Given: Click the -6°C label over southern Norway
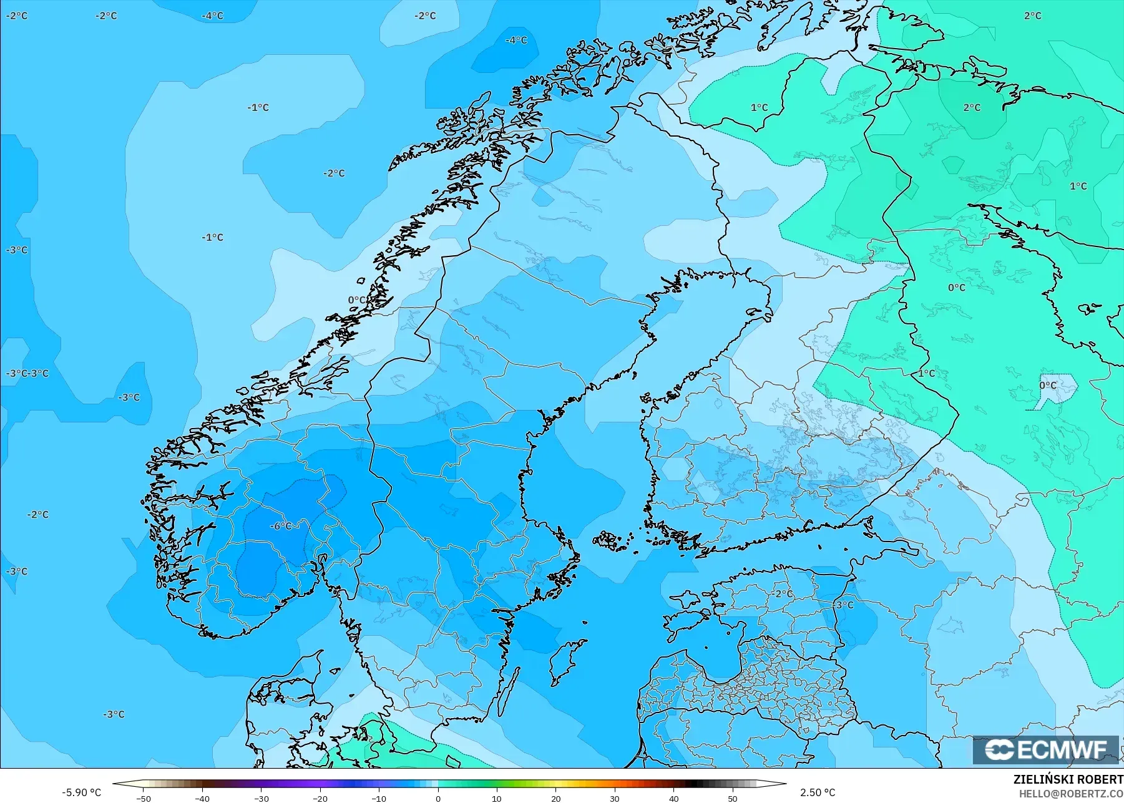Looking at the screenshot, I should click(x=281, y=526).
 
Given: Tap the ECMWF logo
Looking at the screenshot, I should click(x=1045, y=750).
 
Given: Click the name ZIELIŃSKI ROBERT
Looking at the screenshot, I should click(x=1068, y=780).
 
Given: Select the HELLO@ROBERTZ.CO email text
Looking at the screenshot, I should click(x=1071, y=794).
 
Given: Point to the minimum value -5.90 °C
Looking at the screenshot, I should click(x=81, y=792).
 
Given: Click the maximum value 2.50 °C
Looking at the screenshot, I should click(x=818, y=792).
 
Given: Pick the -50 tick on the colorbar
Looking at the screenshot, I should click(x=144, y=799).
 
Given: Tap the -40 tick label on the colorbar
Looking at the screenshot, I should click(x=202, y=799).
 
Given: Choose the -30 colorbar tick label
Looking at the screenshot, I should click(x=261, y=799).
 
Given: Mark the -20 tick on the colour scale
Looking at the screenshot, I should click(x=320, y=799).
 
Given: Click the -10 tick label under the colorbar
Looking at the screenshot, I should click(x=379, y=799).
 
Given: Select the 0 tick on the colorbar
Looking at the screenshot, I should click(x=438, y=799).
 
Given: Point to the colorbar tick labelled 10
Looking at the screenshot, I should click(x=497, y=799).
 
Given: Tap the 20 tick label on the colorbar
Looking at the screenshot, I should click(x=555, y=799).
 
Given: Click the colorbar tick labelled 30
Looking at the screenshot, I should click(x=615, y=799).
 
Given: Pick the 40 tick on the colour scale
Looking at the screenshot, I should click(x=673, y=799).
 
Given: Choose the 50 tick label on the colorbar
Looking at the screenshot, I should click(x=732, y=799).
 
